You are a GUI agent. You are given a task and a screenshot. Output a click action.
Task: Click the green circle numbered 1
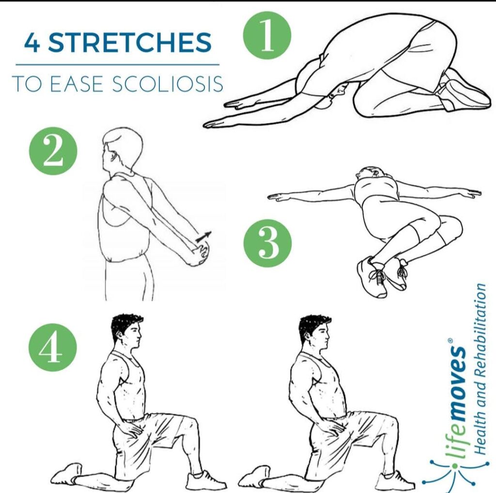click(x=267, y=35)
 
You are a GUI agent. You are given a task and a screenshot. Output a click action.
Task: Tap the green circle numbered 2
click(x=53, y=151)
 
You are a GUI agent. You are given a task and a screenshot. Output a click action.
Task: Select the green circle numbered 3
click(x=268, y=243)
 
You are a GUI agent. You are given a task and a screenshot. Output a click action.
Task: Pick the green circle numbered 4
click(x=53, y=347)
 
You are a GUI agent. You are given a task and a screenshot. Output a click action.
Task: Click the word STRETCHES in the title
click(x=130, y=42)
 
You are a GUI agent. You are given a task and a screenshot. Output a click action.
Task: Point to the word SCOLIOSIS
click(x=168, y=84)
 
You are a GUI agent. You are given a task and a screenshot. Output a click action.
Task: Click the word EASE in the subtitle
click(x=77, y=84)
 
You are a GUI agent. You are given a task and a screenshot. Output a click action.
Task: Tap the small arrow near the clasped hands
click(x=203, y=236)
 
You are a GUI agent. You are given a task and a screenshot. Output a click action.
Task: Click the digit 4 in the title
click(x=32, y=42)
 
